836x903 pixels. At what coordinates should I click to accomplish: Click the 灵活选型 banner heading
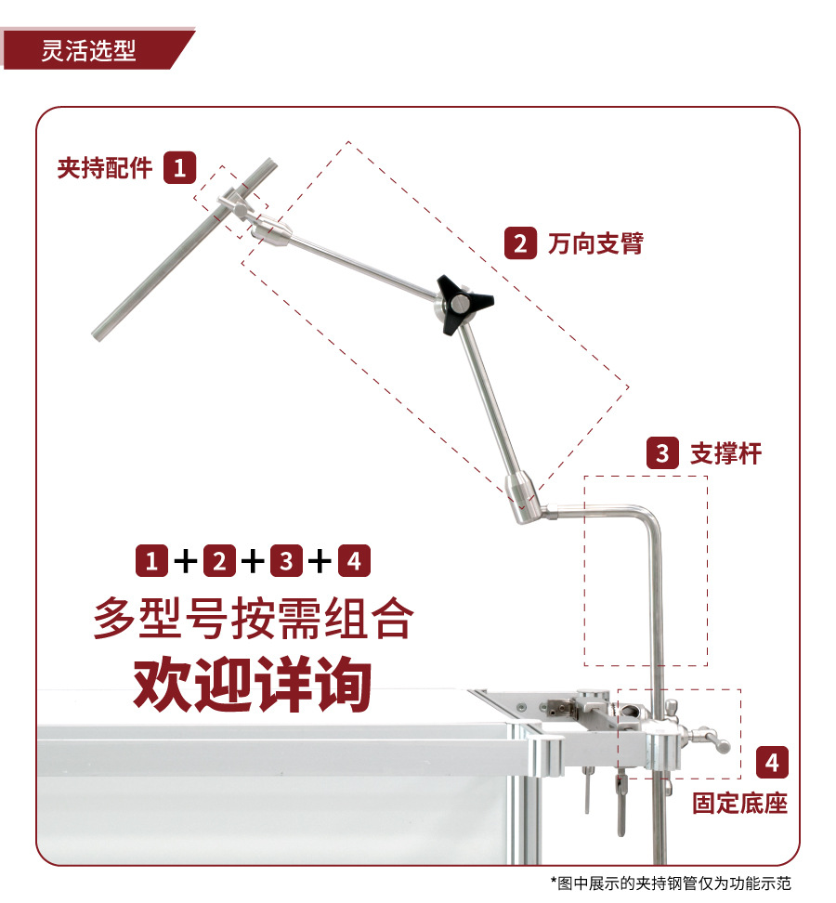pyautogui.click(x=89, y=50)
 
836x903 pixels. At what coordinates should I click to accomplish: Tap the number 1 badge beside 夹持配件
pyautogui.click(x=179, y=168)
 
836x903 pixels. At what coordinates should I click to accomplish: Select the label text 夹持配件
pyautogui.click(x=104, y=168)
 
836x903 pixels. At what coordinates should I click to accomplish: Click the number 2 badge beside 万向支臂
pyautogui.click(x=520, y=243)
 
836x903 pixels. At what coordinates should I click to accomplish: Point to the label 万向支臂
pyautogui.click(x=595, y=243)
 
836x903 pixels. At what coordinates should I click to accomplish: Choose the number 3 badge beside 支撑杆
pyautogui.click(x=662, y=453)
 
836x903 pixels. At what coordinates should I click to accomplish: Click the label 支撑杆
pyautogui.click(x=725, y=453)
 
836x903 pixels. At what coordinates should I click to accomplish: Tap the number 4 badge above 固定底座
pyautogui.click(x=773, y=763)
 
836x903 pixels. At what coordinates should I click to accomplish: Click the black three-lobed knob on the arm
pyautogui.click(x=462, y=303)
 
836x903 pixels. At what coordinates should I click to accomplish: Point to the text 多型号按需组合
pyautogui.click(x=252, y=619)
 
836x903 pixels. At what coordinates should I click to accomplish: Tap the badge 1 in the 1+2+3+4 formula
pyautogui.click(x=152, y=561)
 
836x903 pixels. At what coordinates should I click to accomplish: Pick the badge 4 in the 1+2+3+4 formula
pyautogui.click(x=354, y=561)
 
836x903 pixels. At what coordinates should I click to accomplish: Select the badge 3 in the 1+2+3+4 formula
pyautogui.click(x=286, y=561)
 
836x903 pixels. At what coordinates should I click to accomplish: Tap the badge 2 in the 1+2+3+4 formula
pyautogui.click(x=219, y=561)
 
